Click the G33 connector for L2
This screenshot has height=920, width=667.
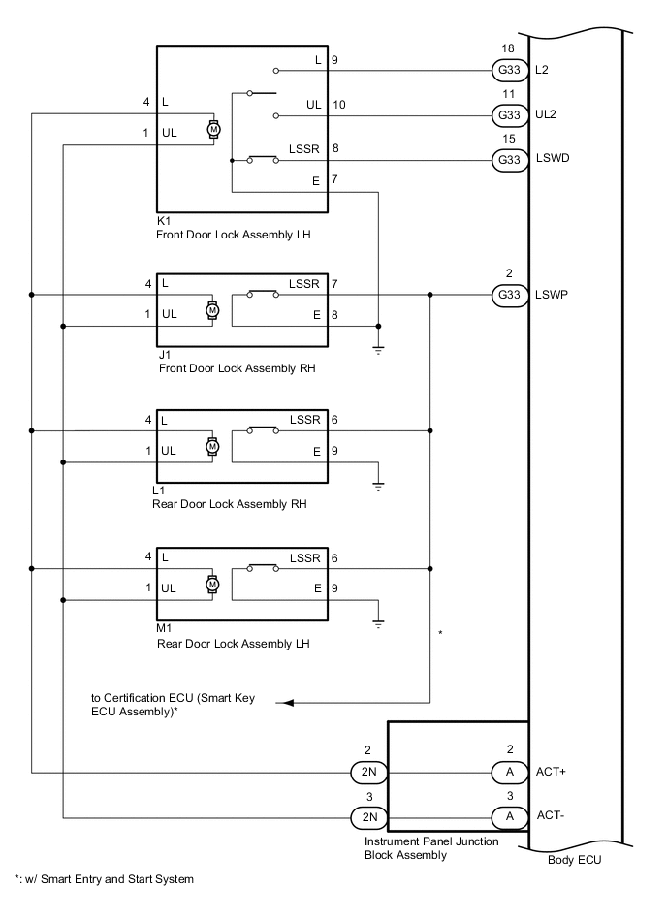pyautogui.click(x=508, y=70)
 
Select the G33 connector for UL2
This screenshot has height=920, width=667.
pyautogui.click(x=508, y=115)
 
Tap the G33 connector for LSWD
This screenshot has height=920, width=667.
pyautogui.click(x=508, y=160)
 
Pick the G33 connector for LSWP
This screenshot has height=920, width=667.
pyautogui.click(x=508, y=295)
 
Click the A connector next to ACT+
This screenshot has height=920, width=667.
pyautogui.click(x=508, y=773)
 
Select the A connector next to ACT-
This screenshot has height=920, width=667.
pyautogui.click(x=508, y=817)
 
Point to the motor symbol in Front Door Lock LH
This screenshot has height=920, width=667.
pyautogui.click(x=213, y=128)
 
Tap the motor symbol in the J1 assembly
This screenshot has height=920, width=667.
pyautogui.click(x=213, y=309)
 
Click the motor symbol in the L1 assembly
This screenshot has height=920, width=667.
pyautogui.click(x=213, y=445)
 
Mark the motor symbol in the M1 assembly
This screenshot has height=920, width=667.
pyautogui.click(x=213, y=584)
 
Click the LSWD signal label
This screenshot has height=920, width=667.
pyautogui.click(x=552, y=160)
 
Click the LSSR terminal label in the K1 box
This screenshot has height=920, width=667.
pyautogui.click(x=301, y=149)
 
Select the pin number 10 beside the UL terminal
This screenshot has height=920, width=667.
pyautogui.click(x=338, y=105)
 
